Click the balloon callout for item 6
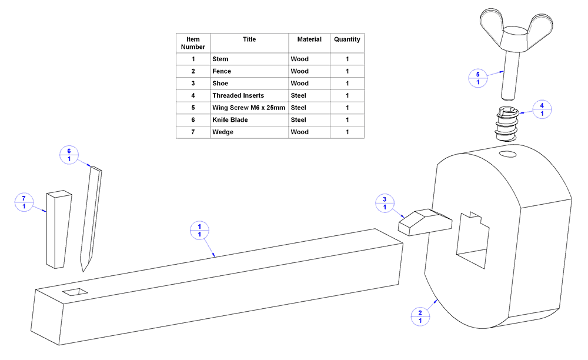pos(69,155)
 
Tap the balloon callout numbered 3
pos(385,203)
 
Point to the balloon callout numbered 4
pos(542,109)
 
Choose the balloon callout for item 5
pos(477,78)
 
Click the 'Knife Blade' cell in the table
pos(249,120)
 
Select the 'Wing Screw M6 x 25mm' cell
pos(249,108)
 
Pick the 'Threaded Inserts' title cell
pos(249,95)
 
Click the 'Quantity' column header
pos(347,39)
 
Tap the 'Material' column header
pos(309,39)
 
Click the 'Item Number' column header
pos(193,43)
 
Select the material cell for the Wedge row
pos(309,132)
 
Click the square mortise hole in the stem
pos(75,292)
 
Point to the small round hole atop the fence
pos(507,155)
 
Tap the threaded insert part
pos(505,124)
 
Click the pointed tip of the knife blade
pos(83,269)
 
